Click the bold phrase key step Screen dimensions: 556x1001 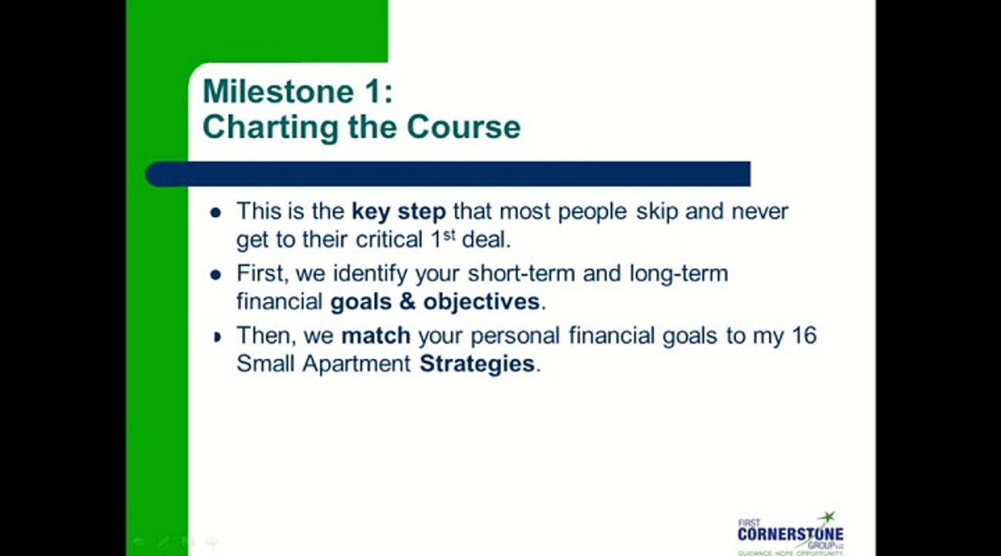click(399, 211)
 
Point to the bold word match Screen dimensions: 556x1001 click(375, 336)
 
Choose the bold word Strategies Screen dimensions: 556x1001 click(477, 364)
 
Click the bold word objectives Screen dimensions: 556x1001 click(481, 301)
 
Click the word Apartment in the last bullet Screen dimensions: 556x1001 click(356, 364)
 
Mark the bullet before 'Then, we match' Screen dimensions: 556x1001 click(217, 337)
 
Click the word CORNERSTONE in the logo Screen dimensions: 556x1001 click(789, 534)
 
